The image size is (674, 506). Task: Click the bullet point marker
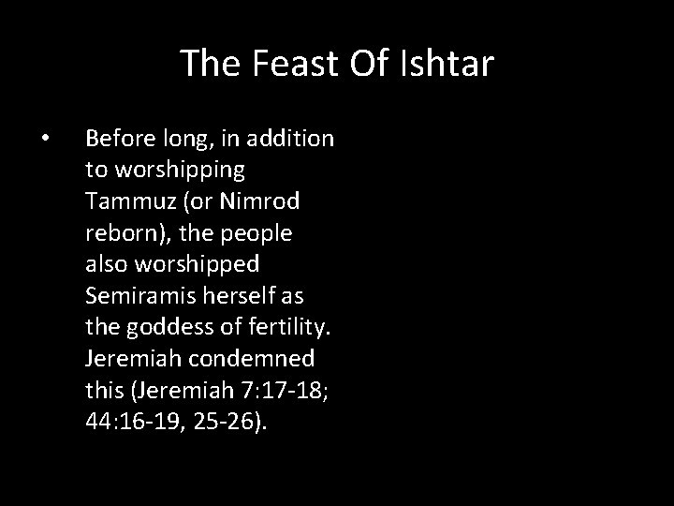click(x=46, y=140)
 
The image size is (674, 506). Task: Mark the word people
click(x=256, y=231)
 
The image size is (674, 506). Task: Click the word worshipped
click(x=186, y=262)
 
